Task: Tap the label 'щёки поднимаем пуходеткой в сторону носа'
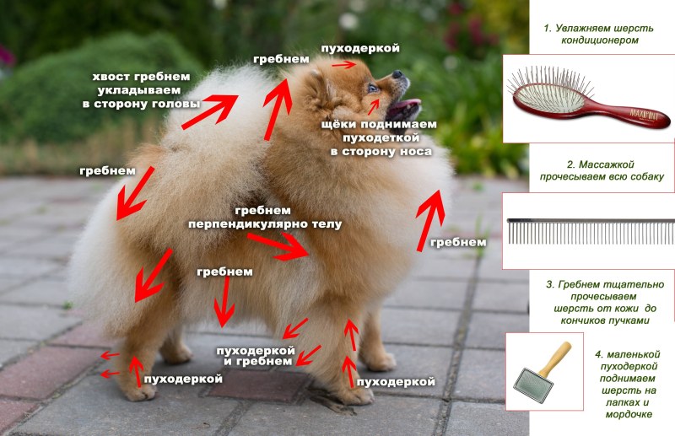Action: pos(381,137)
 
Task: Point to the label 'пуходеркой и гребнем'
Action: pos(256,355)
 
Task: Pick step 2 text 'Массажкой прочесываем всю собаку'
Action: pos(601,170)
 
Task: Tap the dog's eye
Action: pos(372,87)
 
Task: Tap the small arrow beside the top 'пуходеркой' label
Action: pos(342,64)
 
